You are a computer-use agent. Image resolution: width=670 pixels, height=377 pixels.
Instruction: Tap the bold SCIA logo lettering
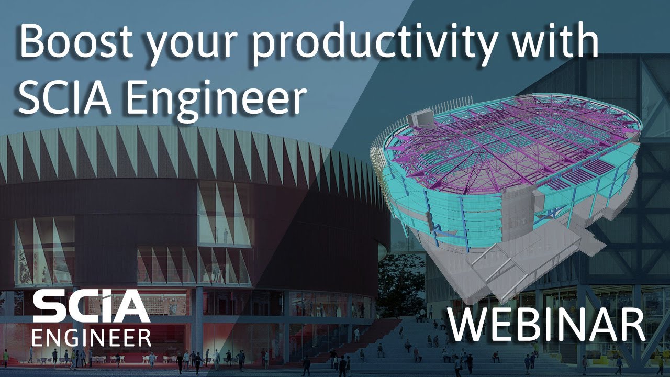[x=91, y=308]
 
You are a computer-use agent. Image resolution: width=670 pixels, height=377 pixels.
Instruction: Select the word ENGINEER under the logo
[x=92, y=338]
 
